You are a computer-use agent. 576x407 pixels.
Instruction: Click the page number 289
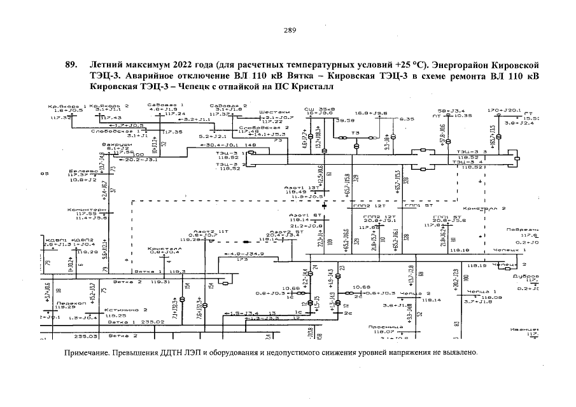(x=289, y=30)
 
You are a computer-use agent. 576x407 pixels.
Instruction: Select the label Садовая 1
(x=155, y=105)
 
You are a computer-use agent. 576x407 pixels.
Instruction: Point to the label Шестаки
(x=270, y=113)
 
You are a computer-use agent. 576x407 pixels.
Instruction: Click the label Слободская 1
(x=126, y=130)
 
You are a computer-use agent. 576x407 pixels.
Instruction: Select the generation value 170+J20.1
(x=505, y=110)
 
